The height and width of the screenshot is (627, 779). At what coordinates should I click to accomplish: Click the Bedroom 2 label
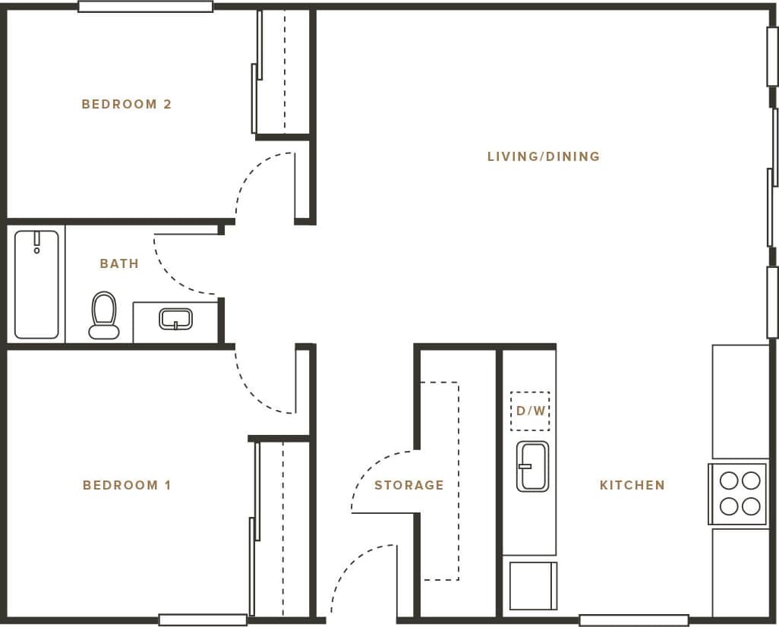coord(127,104)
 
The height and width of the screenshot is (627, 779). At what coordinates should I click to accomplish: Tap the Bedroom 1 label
coord(127,485)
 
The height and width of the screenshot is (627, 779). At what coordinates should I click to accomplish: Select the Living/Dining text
coord(544,156)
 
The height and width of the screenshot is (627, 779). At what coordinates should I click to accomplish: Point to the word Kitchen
coord(632,485)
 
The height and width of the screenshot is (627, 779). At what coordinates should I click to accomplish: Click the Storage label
coord(408,485)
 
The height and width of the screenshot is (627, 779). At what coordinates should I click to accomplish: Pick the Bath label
coord(119,263)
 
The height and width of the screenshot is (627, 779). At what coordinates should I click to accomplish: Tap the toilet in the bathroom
coord(104,314)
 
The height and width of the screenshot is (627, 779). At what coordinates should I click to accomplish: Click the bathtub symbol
coord(36,284)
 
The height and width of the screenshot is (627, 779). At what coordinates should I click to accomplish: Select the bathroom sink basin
coord(175,319)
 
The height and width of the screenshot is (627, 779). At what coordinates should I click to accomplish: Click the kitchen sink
coord(532,466)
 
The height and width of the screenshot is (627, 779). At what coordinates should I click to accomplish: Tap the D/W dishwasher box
coord(530,411)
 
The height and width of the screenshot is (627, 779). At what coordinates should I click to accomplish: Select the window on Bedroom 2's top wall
coord(145,7)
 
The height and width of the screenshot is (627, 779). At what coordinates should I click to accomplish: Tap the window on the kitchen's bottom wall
coord(633,620)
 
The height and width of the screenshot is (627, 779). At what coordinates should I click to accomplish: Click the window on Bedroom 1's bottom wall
coord(203,620)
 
